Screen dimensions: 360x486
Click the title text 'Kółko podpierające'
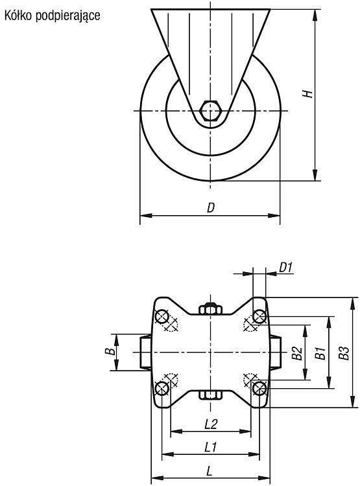pyautogui.click(x=52, y=16)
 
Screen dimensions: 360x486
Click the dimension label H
pyautogui.click(x=307, y=94)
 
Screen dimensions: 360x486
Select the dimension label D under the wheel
pyautogui.click(x=211, y=207)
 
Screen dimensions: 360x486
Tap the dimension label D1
pyautogui.click(x=286, y=267)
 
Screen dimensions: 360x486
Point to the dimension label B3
pyautogui.click(x=344, y=353)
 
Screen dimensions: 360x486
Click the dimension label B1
pyautogui.click(x=320, y=353)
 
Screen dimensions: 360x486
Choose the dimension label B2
pyautogui.click(x=297, y=353)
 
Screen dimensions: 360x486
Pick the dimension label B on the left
pyautogui.click(x=110, y=352)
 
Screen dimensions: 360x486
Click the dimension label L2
pyautogui.click(x=211, y=424)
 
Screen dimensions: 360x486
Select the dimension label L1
pyautogui.click(x=210, y=447)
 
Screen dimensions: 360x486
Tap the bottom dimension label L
pyautogui.click(x=210, y=472)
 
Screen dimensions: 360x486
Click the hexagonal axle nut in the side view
pyautogui.click(x=210, y=110)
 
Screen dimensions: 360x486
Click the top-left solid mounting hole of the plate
pyautogui.click(x=162, y=316)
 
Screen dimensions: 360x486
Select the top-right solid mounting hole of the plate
pyautogui.click(x=259, y=316)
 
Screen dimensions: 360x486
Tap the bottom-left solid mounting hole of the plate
pyautogui.click(x=162, y=388)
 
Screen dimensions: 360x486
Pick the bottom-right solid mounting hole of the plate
pyautogui.click(x=259, y=388)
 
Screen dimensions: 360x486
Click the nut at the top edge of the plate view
pyautogui.click(x=210, y=308)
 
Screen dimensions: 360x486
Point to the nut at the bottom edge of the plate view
pyautogui.click(x=210, y=395)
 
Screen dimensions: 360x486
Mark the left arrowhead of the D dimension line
pyautogui.click(x=146, y=215)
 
